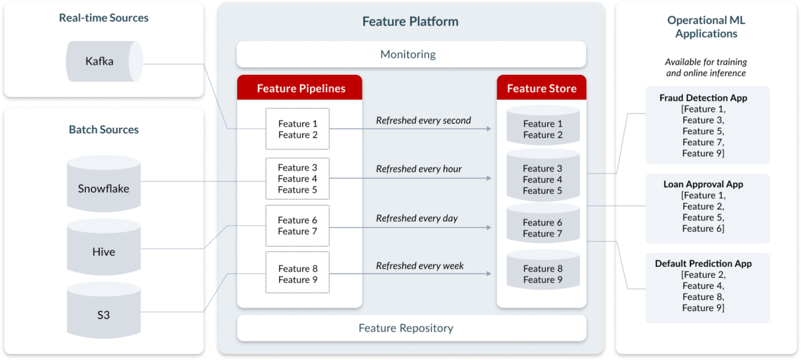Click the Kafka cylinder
click(103, 62)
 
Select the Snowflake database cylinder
click(103, 189)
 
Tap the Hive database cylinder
click(103, 251)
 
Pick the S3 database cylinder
click(103, 315)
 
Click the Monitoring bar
click(411, 54)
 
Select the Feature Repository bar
click(411, 328)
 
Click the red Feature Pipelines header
click(300, 89)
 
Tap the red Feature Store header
click(541, 89)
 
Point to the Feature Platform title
click(410, 21)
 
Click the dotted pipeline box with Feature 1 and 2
click(298, 129)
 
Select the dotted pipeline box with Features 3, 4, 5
click(298, 178)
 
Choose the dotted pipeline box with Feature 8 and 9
click(298, 274)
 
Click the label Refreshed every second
click(423, 120)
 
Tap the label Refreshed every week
click(420, 266)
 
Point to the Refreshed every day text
click(417, 218)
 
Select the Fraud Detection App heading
click(703, 98)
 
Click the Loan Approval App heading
click(703, 184)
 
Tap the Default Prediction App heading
click(703, 264)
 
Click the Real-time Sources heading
click(103, 18)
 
